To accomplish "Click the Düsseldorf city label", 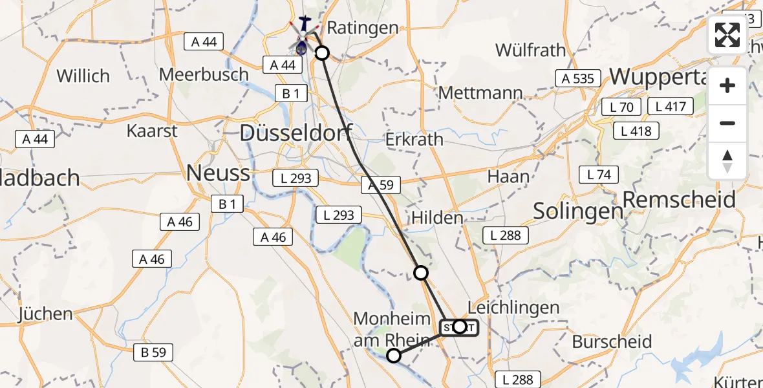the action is click(296, 134).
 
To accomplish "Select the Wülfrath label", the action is click(530, 50).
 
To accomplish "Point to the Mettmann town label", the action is click(480, 92).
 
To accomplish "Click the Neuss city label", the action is click(218, 173).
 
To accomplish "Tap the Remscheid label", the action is click(679, 199).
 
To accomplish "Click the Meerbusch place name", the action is click(204, 74).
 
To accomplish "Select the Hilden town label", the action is click(437, 218).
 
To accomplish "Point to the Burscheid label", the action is click(612, 341).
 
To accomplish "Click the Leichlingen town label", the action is click(513, 307).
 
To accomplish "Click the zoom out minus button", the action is click(727, 123).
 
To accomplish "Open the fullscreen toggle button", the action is click(727, 35).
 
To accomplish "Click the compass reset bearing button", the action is click(727, 160).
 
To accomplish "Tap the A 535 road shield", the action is click(574, 79).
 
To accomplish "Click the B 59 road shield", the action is click(153, 352).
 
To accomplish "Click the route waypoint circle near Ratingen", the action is click(321, 53).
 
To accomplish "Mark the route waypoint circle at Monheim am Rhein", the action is click(394, 355).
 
